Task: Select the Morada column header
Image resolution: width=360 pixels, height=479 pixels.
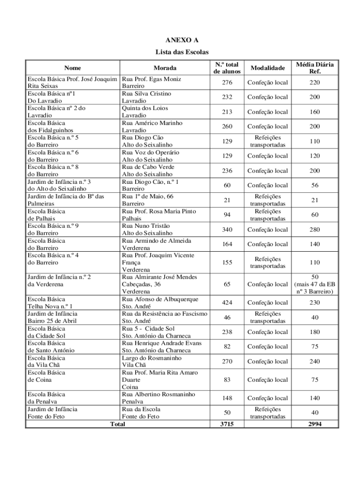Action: [165, 68]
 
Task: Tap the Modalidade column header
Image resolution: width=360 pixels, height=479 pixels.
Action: [267, 68]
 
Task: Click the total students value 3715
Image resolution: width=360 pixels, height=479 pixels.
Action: [227, 424]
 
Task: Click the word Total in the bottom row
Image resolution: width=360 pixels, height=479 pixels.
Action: [117, 424]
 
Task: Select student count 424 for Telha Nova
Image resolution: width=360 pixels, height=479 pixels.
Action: [227, 303]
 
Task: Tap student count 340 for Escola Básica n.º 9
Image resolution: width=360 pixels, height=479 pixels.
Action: [227, 230]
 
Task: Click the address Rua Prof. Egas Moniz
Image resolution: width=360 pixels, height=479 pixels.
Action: [151, 79]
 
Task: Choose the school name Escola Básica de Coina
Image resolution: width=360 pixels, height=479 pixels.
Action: [47, 376]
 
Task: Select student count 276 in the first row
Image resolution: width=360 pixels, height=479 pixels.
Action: [227, 83]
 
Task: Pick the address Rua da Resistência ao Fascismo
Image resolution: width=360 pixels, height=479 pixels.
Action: [164, 314]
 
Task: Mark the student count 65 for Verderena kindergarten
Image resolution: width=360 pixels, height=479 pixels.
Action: [227, 284]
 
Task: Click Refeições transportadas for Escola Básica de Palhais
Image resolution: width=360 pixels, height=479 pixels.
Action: [267, 215]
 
